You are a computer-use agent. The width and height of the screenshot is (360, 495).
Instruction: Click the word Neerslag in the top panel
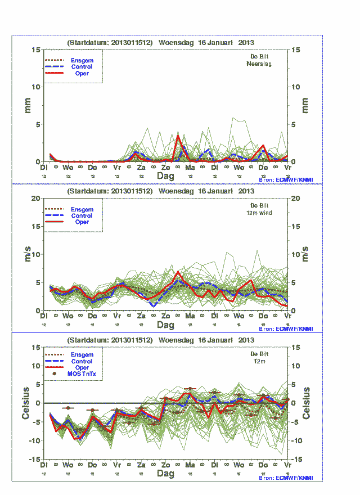tap(259, 64)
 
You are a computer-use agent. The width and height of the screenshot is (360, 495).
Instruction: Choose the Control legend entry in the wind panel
tap(82, 215)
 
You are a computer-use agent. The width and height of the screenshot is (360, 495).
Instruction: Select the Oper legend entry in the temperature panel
tap(82, 367)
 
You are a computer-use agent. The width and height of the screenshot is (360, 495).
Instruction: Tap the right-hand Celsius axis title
tap(307, 403)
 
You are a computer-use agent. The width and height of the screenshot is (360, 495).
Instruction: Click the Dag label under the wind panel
tap(165, 325)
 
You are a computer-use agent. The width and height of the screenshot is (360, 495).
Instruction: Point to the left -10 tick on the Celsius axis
tap(35, 440)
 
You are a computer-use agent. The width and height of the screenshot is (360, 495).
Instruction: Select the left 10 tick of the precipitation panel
tap(36, 87)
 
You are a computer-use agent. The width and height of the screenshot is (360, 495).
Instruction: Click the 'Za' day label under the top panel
tap(141, 168)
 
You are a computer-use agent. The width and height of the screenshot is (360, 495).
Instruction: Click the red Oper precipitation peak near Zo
tap(178, 136)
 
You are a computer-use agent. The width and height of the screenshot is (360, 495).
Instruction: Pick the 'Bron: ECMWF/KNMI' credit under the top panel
tap(286, 179)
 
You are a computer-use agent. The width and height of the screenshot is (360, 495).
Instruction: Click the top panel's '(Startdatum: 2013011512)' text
tap(110, 42)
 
